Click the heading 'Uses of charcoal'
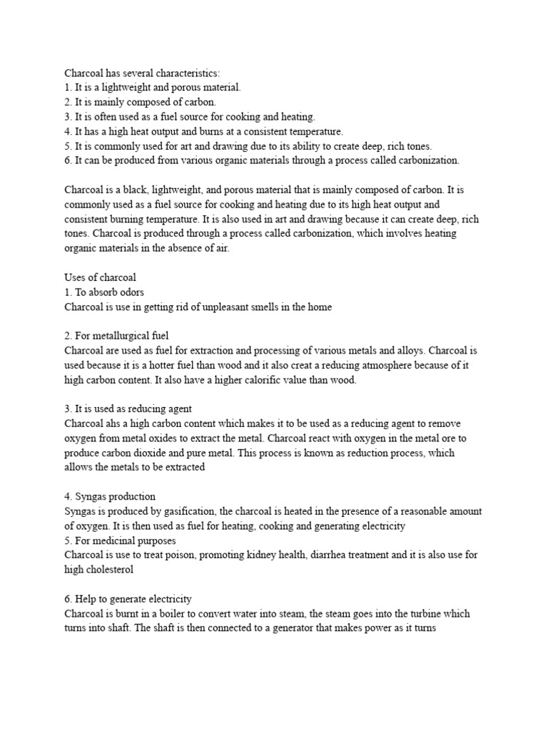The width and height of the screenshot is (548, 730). [100, 278]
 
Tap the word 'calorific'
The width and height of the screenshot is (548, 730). [269, 380]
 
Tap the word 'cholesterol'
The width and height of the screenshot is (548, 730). [113, 570]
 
